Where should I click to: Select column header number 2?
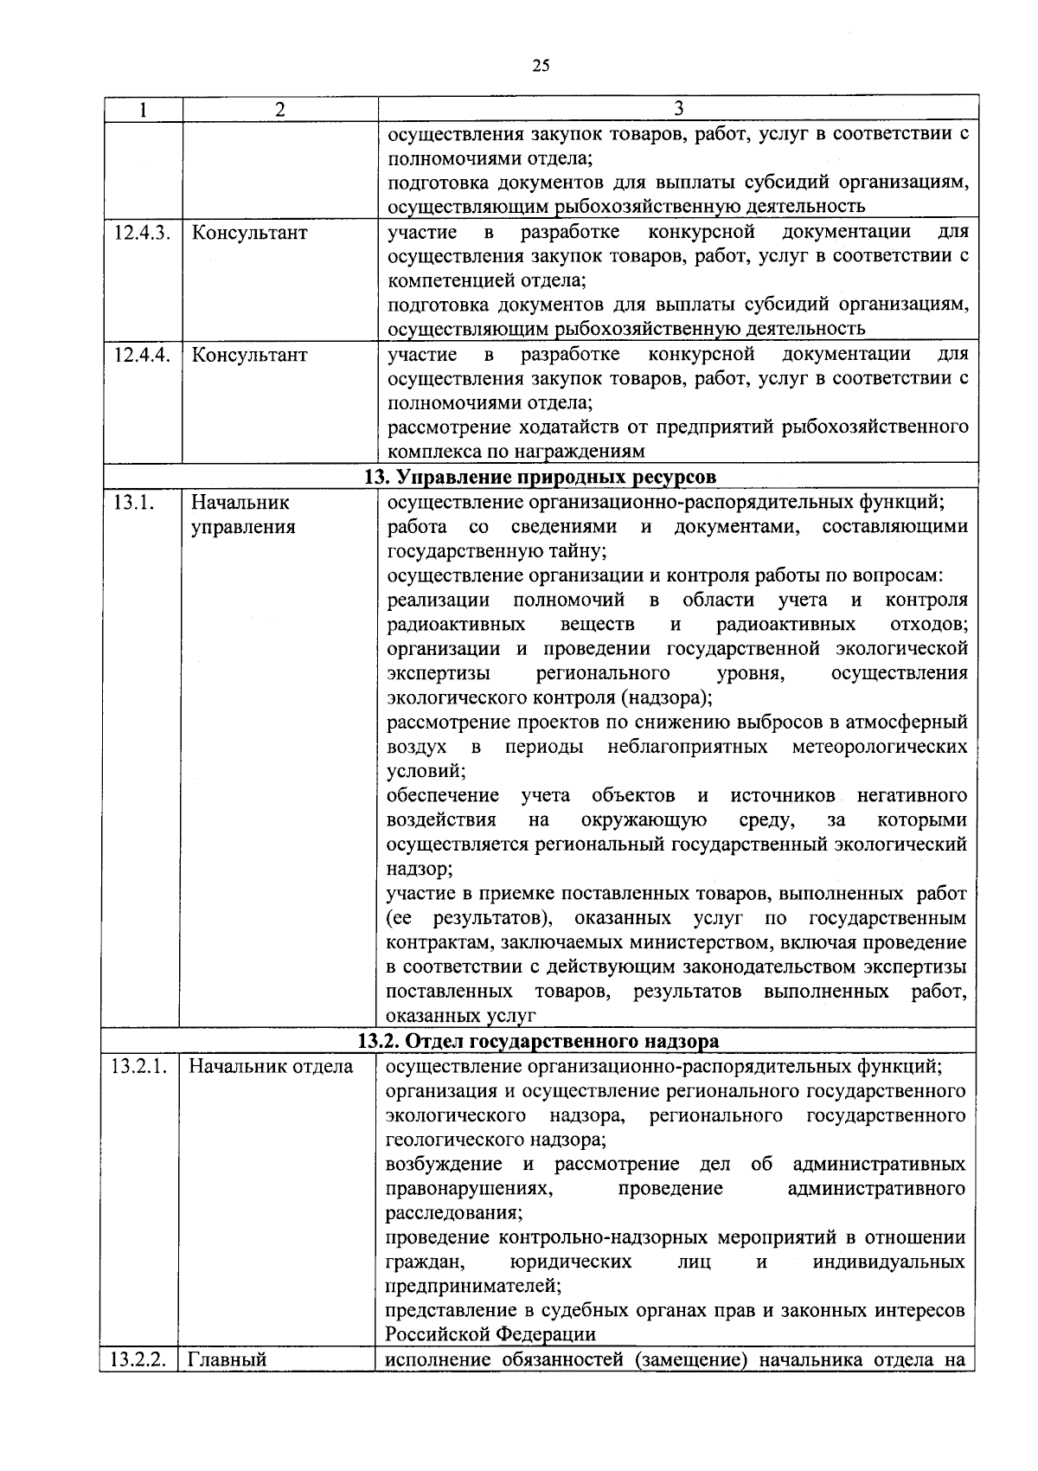click(279, 110)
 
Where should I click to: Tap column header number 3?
click(678, 108)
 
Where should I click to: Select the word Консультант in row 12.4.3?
click(249, 233)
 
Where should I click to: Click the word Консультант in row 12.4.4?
click(249, 355)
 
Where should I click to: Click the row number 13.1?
click(131, 503)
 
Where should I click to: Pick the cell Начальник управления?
click(243, 515)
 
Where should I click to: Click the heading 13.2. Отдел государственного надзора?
click(539, 1041)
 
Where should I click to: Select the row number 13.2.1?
click(138, 1066)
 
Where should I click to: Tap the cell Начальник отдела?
click(271, 1066)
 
